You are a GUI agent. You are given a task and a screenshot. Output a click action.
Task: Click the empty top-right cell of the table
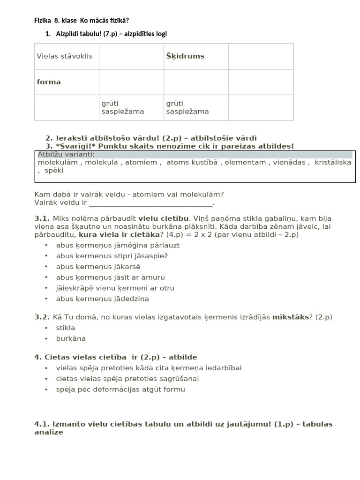point(261,56)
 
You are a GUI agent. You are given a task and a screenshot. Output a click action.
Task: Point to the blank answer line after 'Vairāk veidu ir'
point(151,203)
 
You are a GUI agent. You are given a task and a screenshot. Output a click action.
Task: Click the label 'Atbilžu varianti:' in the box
point(66,155)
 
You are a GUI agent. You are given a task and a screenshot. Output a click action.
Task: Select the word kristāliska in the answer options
point(333,163)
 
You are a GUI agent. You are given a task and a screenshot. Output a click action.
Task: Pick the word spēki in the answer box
point(54,171)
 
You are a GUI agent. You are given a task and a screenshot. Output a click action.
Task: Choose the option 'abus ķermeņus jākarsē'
point(98,267)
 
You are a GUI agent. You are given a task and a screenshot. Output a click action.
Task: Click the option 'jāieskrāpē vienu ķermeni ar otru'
point(115,288)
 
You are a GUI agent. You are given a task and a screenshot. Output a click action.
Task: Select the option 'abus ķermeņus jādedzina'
point(102,299)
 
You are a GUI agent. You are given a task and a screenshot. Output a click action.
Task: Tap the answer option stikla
point(66,328)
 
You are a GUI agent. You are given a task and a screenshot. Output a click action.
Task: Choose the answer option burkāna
point(71,338)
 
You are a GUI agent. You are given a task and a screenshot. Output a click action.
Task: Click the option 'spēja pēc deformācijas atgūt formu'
point(120,389)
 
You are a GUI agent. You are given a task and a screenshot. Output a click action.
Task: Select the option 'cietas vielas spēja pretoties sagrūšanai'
point(127,378)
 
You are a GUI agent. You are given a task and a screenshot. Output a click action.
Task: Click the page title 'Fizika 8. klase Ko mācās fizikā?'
point(82,20)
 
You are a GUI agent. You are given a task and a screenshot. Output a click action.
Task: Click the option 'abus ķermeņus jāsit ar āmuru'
point(110,277)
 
